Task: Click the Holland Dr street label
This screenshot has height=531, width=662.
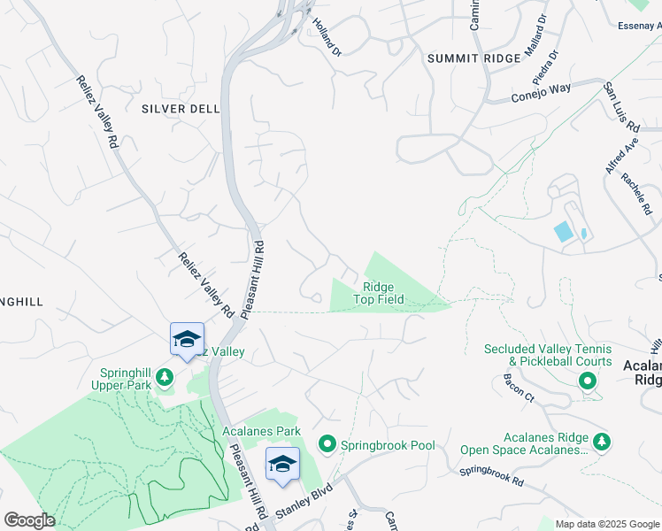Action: coord(326,37)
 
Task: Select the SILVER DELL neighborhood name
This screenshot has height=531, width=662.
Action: coord(180,109)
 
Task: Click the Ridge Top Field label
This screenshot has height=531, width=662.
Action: coord(379,293)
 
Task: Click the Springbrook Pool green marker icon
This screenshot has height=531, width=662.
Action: coord(327,444)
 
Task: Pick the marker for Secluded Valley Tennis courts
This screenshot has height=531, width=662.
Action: coord(586,381)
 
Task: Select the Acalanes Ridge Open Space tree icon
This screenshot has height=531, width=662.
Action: coord(602,442)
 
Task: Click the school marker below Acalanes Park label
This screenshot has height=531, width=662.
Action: coord(282,464)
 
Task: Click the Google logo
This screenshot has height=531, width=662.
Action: coord(29,520)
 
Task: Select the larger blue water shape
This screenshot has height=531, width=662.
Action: coord(563,232)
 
